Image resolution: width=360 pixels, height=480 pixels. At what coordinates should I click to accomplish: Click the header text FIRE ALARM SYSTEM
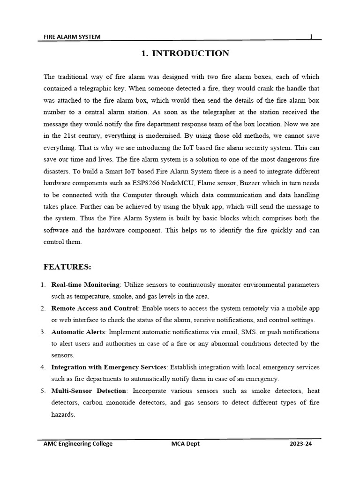pos(72,37)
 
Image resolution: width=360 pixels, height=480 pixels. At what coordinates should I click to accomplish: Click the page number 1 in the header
pos(311,37)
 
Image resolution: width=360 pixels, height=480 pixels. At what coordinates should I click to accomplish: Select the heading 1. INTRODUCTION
pos(185,53)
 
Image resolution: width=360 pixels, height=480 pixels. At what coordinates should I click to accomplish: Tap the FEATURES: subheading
pos(67,267)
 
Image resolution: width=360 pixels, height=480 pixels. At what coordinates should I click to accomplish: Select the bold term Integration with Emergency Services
pos(109,367)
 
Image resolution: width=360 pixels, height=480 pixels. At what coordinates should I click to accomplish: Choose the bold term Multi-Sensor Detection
pos(89,390)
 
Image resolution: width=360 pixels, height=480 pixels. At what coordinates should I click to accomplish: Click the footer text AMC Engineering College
pos(78,443)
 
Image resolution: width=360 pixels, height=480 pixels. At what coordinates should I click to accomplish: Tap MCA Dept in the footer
pos(185,443)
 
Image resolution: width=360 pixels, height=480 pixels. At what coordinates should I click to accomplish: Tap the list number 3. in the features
pos(43,332)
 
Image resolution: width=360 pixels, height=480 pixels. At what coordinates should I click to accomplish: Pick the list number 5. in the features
pos(43,391)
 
